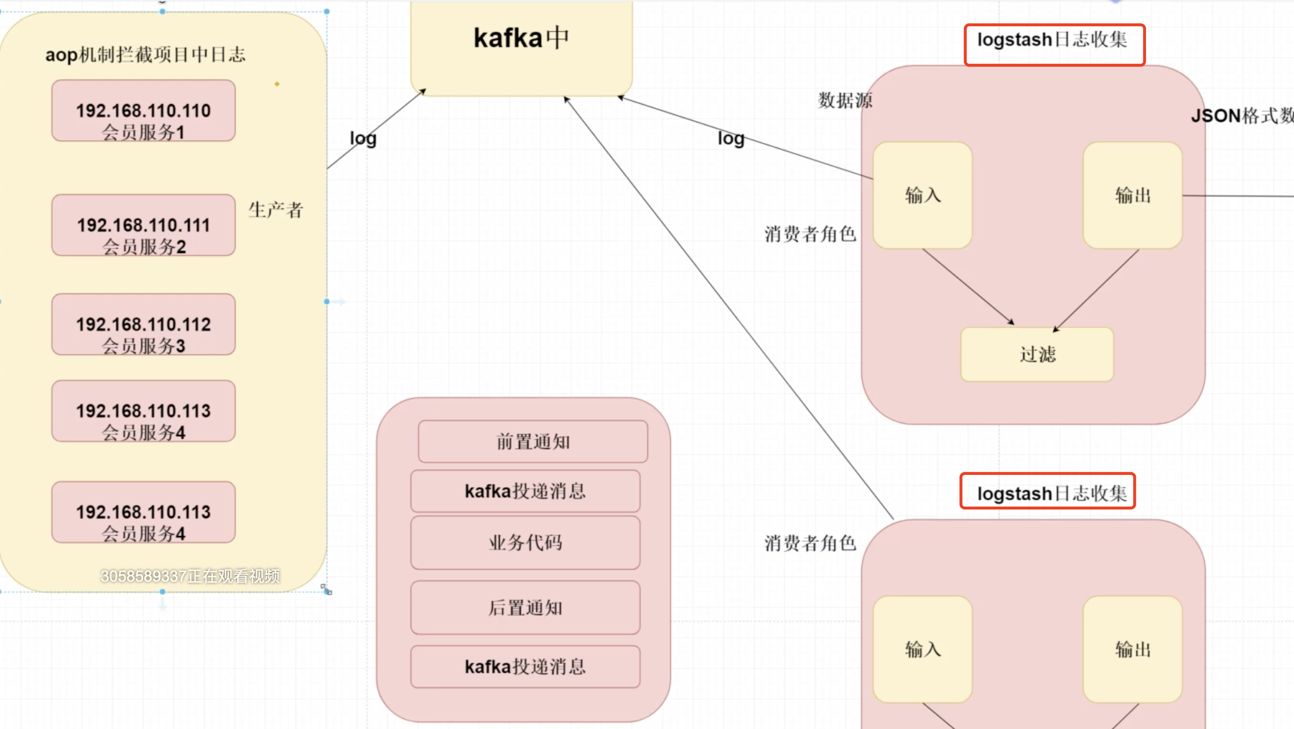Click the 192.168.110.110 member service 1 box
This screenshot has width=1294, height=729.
pos(143,111)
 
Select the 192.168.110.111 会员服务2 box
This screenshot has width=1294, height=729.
pos(143,225)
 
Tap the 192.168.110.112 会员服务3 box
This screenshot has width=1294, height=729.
pos(143,325)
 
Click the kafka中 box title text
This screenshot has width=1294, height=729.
pos(521,38)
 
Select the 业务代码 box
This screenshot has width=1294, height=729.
pos(525,543)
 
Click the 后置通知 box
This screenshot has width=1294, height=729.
pos(525,608)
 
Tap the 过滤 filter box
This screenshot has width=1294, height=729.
pos(1037,354)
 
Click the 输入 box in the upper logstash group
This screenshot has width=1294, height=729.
pos(922,195)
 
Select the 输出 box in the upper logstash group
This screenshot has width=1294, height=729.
pos(1132,195)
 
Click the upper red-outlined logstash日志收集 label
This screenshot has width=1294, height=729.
pos(1053,40)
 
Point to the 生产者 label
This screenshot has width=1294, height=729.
pos(276,210)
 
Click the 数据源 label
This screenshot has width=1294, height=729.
pos(845,100)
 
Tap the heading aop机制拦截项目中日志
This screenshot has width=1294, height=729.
pos(145,54)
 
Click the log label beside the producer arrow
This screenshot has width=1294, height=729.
pos(363,138)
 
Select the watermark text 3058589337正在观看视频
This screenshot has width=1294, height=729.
pos(191,576)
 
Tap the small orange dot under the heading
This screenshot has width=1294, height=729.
pos(277,84)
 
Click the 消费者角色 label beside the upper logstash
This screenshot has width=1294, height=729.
pos(810,234)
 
